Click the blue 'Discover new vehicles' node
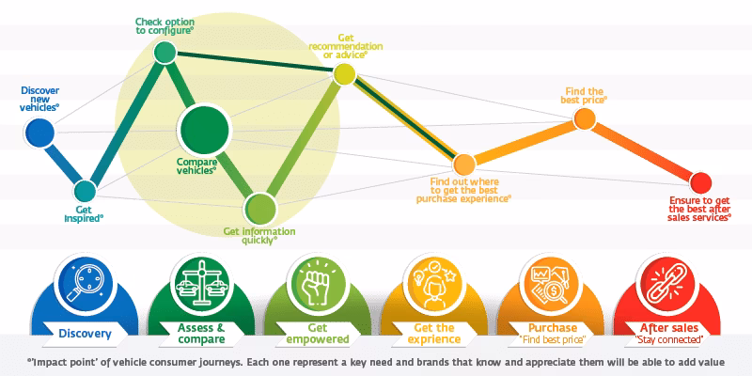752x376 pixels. [x=39, y=134]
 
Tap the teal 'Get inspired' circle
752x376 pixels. [x=86, y=193]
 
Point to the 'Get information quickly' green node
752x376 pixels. [x=259, y=207]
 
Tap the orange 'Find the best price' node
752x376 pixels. [x=584, y=117]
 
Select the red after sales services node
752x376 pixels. [x=699, y=180]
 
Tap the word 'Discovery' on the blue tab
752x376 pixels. [x=86, y=334]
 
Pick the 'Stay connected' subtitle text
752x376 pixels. [x=667, y=338]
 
